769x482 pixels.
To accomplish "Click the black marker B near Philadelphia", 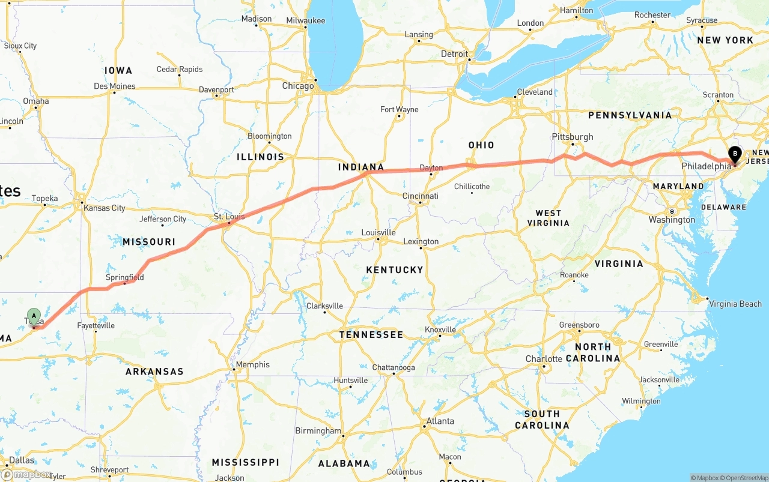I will click(x=735, y=154).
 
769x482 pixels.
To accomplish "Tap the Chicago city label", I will click(x=298, y=86).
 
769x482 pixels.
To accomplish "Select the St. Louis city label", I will click(x=228, y=216).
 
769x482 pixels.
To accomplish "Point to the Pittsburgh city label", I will click(x=573, y=136).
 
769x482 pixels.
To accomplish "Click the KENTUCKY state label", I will click(x=395, y=270).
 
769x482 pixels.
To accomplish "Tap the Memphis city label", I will click(x=252, y=364).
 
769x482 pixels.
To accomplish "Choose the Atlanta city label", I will click(x=440, y=421).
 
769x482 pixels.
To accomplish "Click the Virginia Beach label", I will click(x=735, y=304).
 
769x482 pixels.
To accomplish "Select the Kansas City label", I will click(x=105, y=208).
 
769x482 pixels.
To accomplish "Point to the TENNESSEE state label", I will click(x=371, y=334).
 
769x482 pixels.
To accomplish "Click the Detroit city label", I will click(x=454, y=54).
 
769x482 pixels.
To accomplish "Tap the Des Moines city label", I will click(x=115, y=86).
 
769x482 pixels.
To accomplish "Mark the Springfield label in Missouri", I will click(x=125, y=277).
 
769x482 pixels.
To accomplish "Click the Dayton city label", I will click(x=431, y=168).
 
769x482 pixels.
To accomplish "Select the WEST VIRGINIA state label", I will click(x=548, y=218).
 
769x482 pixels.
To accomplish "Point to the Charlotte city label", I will click(x=544, y=359).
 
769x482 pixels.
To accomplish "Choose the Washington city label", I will click(x=672, y=220).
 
